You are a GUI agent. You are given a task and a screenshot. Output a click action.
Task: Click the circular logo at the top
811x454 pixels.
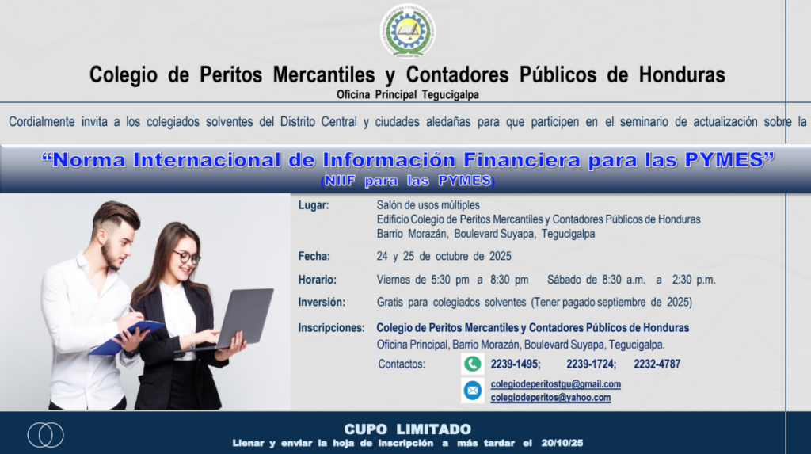[x=408, y=31]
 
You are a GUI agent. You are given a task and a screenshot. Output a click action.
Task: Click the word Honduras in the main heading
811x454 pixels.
[x=682, y=74]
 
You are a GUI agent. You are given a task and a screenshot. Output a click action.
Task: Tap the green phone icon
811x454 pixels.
[x=472, y=364]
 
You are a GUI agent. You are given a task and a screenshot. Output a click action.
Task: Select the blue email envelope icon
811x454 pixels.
[x=472, y=391]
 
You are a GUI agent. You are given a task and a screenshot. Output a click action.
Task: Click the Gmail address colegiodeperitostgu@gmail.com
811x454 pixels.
[x=555, y=384]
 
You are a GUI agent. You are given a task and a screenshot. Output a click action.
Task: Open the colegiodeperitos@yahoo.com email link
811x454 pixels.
[x=550, y=398]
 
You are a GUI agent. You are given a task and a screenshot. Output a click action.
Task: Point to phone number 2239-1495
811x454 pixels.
[x=515, y=364]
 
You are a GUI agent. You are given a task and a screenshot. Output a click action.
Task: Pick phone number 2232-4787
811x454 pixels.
[x=657, y=364]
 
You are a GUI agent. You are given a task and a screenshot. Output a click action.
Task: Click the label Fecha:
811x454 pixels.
[x=314, y=256]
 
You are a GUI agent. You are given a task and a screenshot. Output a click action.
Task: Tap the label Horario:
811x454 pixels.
[x=317, y=280]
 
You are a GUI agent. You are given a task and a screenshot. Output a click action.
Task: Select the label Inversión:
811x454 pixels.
[x=322, y=303]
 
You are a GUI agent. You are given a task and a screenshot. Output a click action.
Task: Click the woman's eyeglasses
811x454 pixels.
[x=186, y=257]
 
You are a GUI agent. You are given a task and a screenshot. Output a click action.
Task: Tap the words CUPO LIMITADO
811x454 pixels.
[x=408, y=429]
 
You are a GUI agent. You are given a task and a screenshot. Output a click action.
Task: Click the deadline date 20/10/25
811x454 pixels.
[x=562, y=443]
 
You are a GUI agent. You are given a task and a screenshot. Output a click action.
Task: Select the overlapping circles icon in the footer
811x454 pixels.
[x=45, y=435]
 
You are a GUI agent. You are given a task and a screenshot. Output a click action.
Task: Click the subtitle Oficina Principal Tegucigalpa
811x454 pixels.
[x=408, y=95]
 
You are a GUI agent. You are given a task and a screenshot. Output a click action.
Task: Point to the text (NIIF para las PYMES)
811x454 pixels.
[x=408, y=181]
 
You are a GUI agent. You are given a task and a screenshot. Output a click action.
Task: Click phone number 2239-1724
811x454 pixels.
[x=591, y=364]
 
